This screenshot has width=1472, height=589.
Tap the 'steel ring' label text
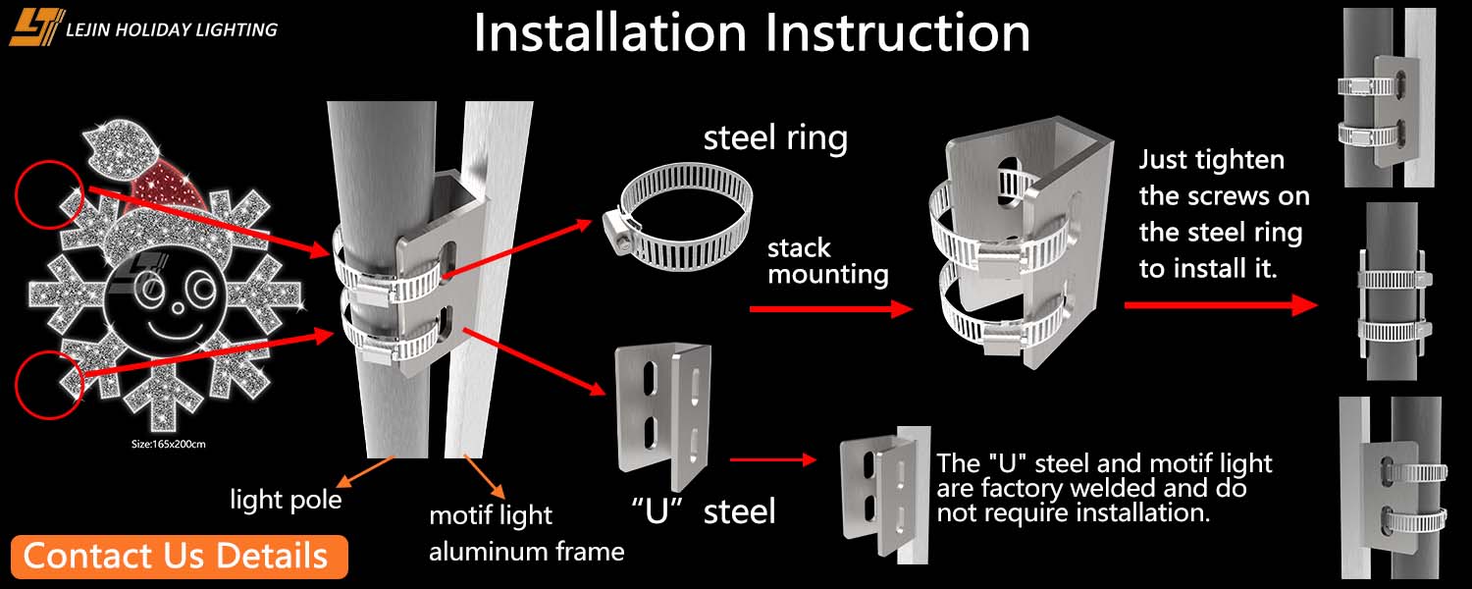(774, 137)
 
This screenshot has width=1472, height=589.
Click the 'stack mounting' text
(827, 260)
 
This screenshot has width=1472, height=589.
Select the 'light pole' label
(286, 500)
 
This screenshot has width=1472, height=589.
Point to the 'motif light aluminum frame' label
(526, 533)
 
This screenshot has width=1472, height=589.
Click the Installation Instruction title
(752, 33)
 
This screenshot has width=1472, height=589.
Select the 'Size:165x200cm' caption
(169, 444)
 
